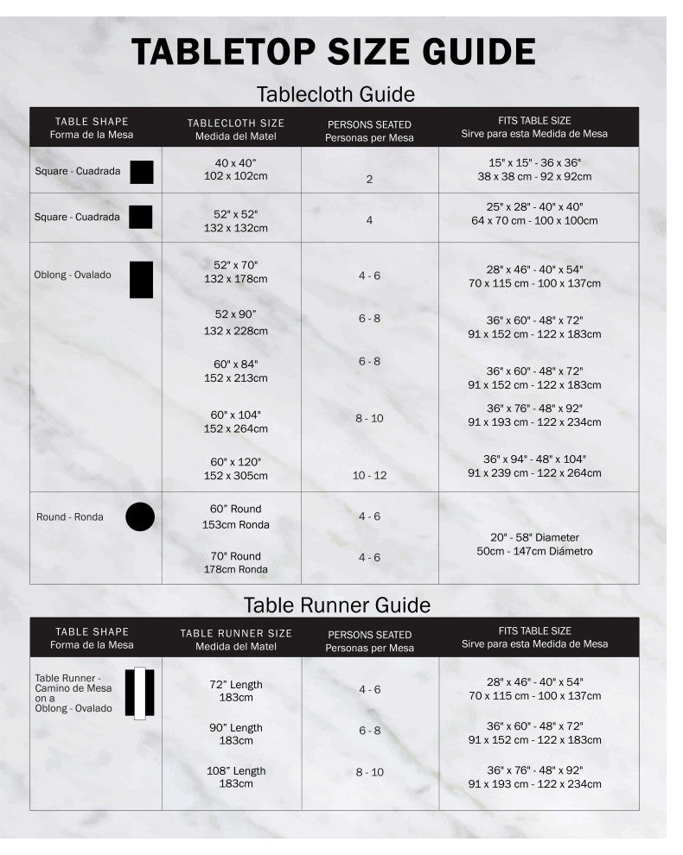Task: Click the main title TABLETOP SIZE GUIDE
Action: [334, 52]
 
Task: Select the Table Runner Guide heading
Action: [336, 605]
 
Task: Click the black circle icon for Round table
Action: [140, 516]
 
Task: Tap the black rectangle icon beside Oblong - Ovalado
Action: [141, 280]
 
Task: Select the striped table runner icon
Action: [139, 693]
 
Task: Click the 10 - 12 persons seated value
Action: [369, 476]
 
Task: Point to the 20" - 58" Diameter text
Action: [533, 537]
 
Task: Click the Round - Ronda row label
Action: [70, 517]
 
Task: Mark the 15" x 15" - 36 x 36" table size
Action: [533, 162]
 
